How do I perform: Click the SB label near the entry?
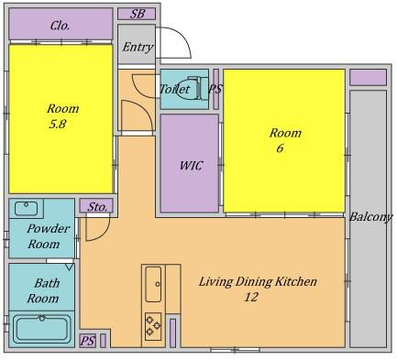point(138,14)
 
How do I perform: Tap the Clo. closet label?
point(61,26)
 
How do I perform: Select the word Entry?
point(138,48)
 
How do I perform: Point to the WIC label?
point(191,166)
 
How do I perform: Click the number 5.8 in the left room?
point(58,125)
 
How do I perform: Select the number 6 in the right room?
point(280,148)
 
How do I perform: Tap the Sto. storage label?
point(97,207)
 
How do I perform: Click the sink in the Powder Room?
point(27,209)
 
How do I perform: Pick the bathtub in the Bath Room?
point(42,329)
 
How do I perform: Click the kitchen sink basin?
point(153,284)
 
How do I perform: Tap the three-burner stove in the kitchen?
point(153,326)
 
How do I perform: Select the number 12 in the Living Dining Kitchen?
point(251,297)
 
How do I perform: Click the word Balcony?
point(370,217)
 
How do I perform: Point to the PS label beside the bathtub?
point(88,341)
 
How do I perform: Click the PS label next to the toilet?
point(215,89)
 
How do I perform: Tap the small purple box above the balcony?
point(368,78)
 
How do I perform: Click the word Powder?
point(49,229)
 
